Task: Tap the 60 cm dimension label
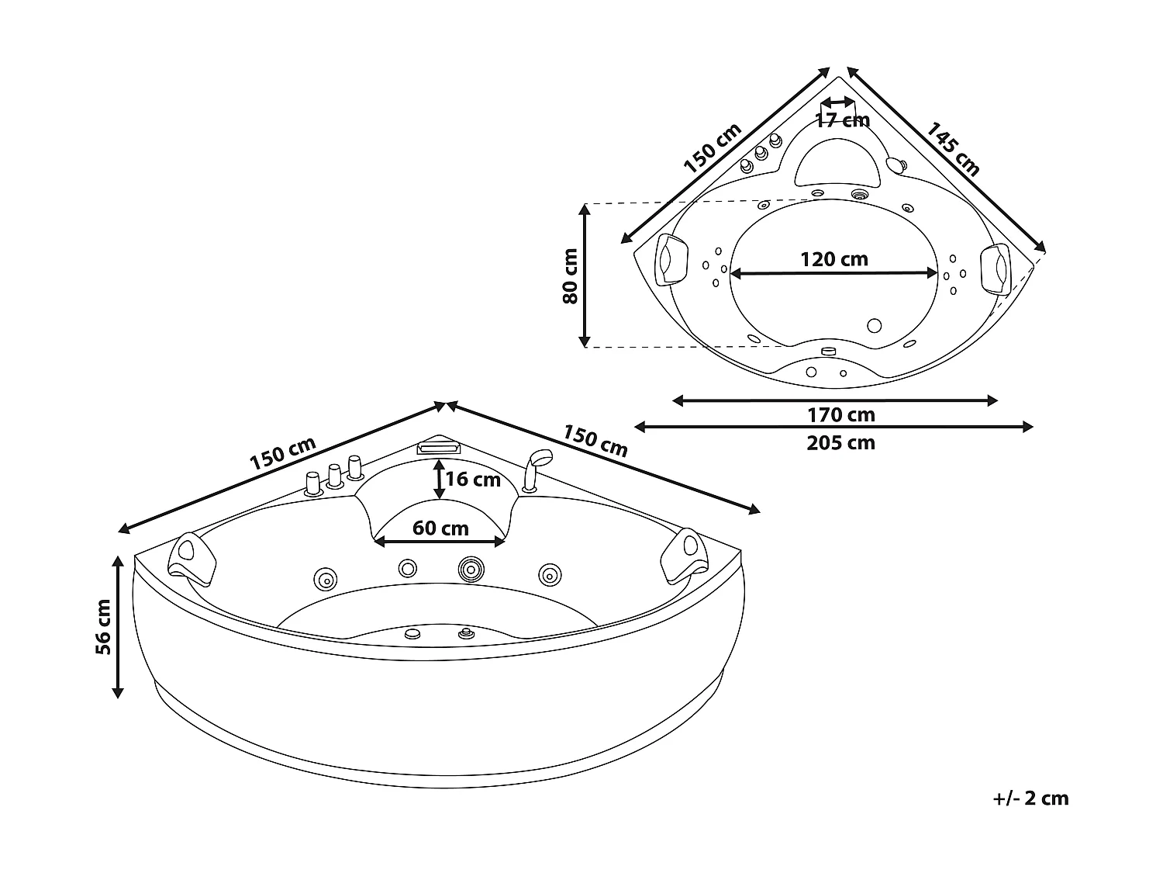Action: coord(440,528)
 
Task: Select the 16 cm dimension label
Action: coord(473,480)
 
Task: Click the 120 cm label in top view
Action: coord(834,258)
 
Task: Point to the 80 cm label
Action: coord(571,275)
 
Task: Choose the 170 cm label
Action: coord(841,415)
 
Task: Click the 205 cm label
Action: coord(841,443)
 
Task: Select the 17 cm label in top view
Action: coord(842,120)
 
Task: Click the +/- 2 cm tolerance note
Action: coord(1030,799)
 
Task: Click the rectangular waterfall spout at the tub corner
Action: coord(439,448)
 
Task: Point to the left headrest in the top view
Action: coord(672,259)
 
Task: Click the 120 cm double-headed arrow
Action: coord(834,273)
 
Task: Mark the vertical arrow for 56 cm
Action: coord(119,626)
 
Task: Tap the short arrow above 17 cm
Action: coord(837,102)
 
